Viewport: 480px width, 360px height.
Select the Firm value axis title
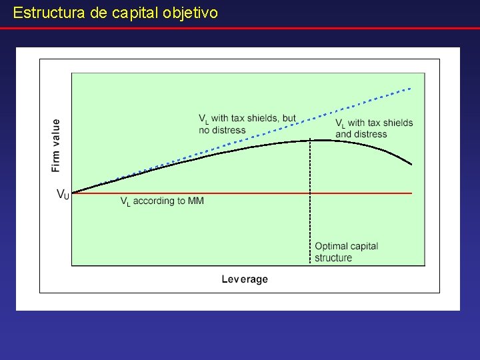tap(55, 145)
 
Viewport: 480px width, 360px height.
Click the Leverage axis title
tap(245, 279)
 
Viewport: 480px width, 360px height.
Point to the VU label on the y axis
tap(63, 195)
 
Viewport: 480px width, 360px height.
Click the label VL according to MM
tap(162, 201)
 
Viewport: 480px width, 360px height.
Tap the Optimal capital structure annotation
tap(346, 251)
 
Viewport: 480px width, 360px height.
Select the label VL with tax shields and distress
tap(374, 128)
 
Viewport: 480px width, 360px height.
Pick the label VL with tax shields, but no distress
tap(247, 124)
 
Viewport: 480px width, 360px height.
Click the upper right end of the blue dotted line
tap(411, 87)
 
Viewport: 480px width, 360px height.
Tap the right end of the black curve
tap(411, 164)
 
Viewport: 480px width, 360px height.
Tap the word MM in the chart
tap(197, 201)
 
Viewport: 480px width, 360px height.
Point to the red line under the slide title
tap(240, 28)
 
